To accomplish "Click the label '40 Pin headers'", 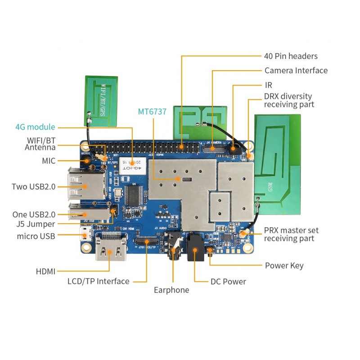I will (291, 56).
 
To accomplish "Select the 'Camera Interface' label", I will (296, 71).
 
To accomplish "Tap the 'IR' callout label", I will (268, 85).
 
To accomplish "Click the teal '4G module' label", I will (35, 127).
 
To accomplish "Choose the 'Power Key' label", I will (284, 265).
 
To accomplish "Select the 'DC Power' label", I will (228, 282).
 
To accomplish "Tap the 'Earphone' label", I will (171, 290).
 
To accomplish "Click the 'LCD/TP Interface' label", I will (98, 281).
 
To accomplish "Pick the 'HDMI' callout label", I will (45, 271).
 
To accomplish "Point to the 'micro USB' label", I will (36, 236).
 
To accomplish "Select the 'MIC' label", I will (48, 160).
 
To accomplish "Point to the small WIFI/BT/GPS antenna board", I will (102, 100).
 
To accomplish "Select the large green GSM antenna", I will (277, 157).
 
